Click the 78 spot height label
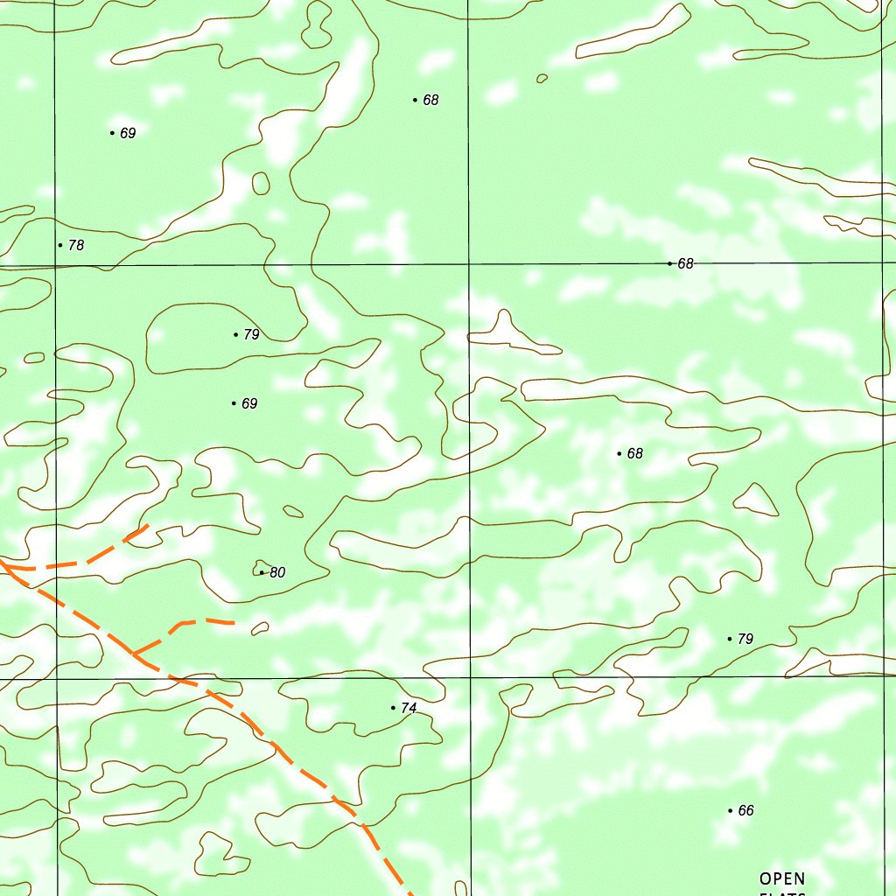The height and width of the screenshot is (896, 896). point(76,245)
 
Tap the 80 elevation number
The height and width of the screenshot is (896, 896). point(277,572)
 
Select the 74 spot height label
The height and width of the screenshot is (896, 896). point(409,708)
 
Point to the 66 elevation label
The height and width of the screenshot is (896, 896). point(745,810)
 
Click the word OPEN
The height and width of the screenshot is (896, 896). point(781,878)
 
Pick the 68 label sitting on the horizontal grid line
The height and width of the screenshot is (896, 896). point(685,263)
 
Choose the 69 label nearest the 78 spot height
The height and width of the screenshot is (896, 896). point(128,133)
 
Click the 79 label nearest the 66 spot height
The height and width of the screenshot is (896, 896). point(745,639)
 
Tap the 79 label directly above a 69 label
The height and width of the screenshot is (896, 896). point(252,334)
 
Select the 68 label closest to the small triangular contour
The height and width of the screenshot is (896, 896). point(635,453)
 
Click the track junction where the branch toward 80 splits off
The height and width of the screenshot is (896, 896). point(134,654)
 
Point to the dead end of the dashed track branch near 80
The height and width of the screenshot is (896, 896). point(233,623)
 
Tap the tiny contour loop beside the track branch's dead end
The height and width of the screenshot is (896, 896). point(259,628)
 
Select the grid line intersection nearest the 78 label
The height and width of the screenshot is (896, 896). point(55,264)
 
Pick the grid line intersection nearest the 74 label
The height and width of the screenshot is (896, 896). point(470,677)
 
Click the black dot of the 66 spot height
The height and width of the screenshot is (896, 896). point(730,810)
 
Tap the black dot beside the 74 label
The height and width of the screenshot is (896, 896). point(393,707)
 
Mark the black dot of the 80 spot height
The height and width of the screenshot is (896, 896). point(262,572)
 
